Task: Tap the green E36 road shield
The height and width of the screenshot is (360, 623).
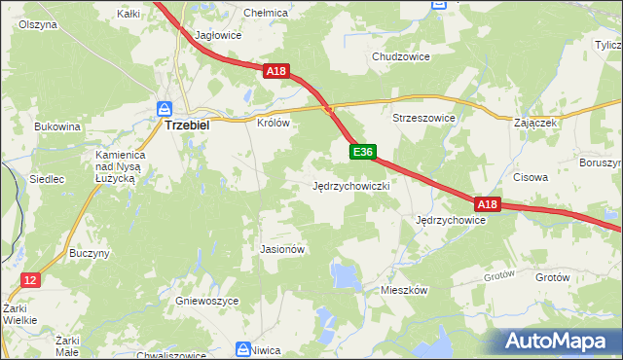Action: coord(362,152)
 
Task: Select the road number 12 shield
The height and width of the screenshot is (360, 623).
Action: coord(31,280)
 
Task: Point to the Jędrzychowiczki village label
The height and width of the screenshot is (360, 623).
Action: coord(351,185)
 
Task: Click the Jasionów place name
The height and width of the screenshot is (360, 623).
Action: coord(283,249)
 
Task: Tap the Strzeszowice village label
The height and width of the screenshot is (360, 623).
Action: coord(424,118)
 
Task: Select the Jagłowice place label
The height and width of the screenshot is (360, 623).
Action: coord(218,35)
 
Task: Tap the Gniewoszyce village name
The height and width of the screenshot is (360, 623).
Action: coord(207,302)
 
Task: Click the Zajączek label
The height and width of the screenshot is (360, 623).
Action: coord(535,124)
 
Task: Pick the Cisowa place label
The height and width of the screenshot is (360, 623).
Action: coord(531,178)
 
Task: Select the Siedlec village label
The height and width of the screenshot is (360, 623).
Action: coord(47,179)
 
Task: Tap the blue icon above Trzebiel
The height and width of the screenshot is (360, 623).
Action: coord(165,108)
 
